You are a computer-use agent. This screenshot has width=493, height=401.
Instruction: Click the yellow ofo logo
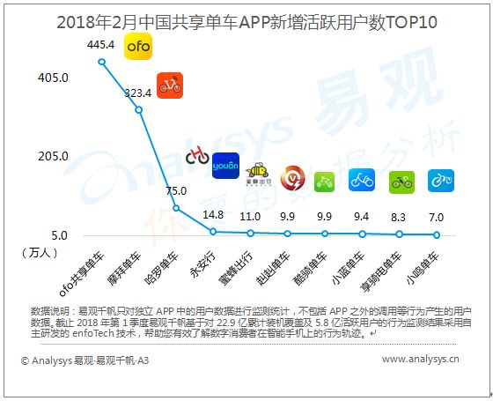(x=138, y=46)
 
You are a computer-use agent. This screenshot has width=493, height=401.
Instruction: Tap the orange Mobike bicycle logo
(x=170, y=85)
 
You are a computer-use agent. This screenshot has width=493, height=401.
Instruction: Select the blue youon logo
(x=225, y=166)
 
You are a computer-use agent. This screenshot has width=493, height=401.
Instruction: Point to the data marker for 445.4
(x=101, y=62)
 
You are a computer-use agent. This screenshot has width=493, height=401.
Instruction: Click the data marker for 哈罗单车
(x=176, y=208)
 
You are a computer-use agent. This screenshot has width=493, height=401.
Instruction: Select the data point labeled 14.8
(x=213, y=232)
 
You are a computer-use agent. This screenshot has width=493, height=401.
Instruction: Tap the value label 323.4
(x=137, y=93)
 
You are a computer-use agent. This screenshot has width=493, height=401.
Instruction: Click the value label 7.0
(x=436, y=217)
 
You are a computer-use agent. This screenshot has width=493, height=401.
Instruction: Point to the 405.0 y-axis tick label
(x=53, y=78)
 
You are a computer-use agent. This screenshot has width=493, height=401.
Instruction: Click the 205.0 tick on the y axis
(x=53, y=156)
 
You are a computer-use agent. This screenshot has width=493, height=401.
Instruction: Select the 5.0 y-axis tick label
(x=60, y=235)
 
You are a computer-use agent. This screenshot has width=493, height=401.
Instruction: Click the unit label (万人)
(x=40, y=252)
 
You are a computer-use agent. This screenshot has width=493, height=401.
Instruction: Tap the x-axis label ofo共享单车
(x=82, y=274)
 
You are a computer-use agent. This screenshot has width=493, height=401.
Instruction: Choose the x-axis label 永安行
(x=202, y=264)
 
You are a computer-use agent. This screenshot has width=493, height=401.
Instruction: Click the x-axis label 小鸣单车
(x=422, y=268)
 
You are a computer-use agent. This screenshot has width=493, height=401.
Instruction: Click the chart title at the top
(x=246, y=22)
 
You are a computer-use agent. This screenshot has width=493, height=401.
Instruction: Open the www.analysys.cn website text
(x=421, y=360)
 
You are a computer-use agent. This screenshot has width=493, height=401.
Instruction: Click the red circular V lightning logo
(x=292, y=179)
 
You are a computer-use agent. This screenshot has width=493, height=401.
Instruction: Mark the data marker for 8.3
(x=399, y=234)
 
